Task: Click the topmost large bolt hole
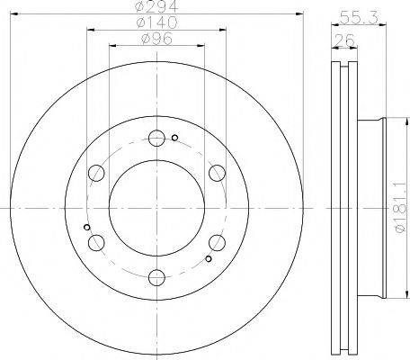click(156, 139)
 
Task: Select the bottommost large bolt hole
click(156, 276)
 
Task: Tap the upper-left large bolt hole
click(96, 173)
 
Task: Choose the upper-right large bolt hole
click(216, 173)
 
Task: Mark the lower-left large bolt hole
click(96, 242)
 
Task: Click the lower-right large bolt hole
click(216, 242)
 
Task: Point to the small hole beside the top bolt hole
click(174, 138)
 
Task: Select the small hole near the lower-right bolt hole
click(209, 259)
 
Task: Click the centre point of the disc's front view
click(156, 207)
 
